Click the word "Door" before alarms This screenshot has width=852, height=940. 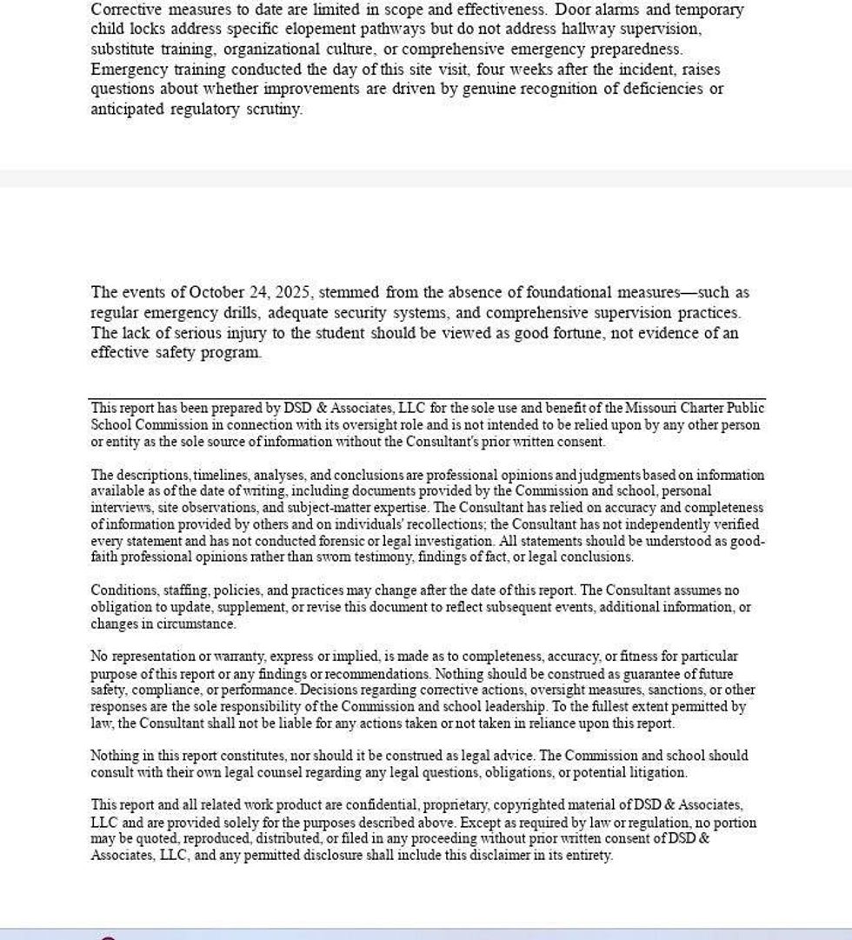point(572,10)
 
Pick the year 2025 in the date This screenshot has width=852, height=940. point(292,292)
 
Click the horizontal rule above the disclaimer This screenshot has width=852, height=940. point(427,399)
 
